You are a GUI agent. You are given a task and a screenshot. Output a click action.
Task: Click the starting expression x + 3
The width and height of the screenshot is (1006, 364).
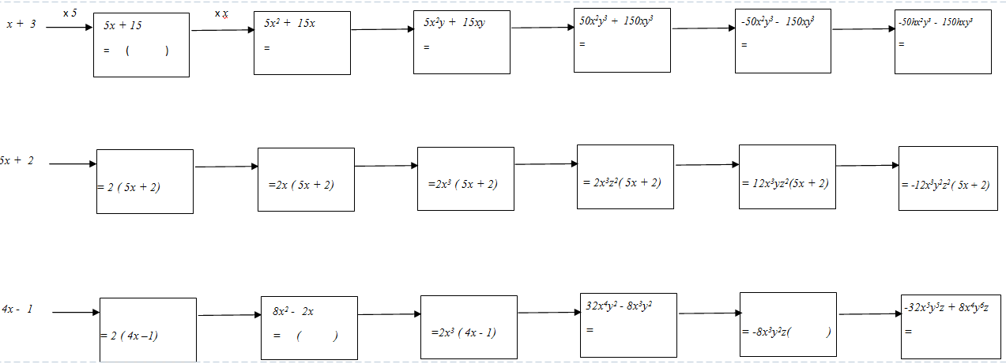[x=21, y=24]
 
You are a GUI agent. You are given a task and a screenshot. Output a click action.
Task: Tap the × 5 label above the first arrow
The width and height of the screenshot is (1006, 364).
[x=70, y=13]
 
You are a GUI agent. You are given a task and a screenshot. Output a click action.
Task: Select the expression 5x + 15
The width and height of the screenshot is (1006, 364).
[x=122, y=25]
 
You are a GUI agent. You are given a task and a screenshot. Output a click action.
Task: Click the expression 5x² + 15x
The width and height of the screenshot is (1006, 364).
[x=290, y=22]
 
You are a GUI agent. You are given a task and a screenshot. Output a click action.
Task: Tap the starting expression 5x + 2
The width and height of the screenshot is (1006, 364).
[x=17, y=160]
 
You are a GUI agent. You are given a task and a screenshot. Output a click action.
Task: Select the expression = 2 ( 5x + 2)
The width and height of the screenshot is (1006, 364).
[x=130, y=187]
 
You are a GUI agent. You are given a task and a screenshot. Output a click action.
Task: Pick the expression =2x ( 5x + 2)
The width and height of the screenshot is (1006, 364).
[x=301, y=185]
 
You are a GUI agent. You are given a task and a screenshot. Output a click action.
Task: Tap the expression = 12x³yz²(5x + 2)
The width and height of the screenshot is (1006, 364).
[x=786, y=183]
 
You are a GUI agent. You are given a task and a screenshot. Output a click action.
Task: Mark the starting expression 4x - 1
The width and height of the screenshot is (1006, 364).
[x=17, y=309]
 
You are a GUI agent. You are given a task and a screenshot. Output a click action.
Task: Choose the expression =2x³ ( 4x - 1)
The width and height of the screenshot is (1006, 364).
[x=464, y=332]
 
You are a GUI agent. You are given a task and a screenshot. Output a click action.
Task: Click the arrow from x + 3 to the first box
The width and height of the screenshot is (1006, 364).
[x=70, y=28]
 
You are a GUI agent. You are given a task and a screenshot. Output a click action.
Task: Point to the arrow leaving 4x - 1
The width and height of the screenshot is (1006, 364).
[x=76, y=313]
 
